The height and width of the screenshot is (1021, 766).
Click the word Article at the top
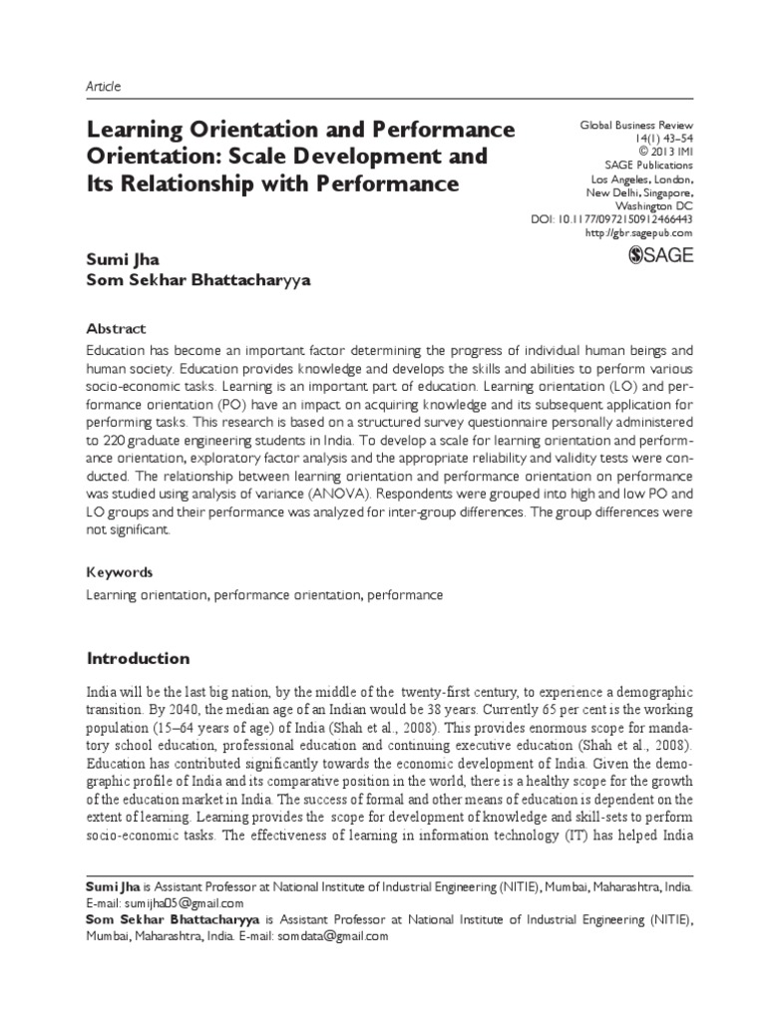pyautogui.click(x=103, y=87)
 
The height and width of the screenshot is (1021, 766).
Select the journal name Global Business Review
pyautogui.click(x=636, y=126)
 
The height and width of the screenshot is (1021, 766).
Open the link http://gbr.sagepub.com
pyautogui.click(x=639, y=232)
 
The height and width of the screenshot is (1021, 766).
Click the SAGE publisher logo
pyautogui.click(x=658, y=256)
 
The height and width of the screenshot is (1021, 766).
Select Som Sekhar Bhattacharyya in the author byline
pyautogui.click(x=199, y=280)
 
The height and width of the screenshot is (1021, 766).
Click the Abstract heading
pyautogui.click(x=116, y=328)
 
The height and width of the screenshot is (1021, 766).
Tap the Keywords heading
pyautogui.click(x=120, y=572)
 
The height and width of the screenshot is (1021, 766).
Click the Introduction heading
pyautogui.click(x=138, y=658)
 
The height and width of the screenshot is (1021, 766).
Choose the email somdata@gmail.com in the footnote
pyautogui.click(x=334, y=936)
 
